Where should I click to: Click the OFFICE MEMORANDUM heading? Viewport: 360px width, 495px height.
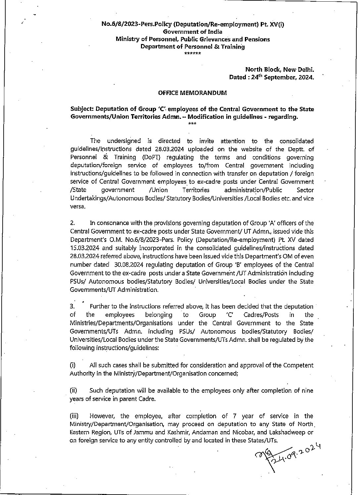192,93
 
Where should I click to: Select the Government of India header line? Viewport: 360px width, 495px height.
192,32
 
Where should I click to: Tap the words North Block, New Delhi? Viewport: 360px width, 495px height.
279,69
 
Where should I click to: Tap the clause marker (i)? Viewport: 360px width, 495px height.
73,365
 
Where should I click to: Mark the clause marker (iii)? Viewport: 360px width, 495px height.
74,416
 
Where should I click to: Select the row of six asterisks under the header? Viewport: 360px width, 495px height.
192,53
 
